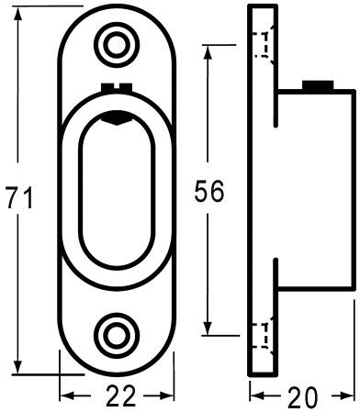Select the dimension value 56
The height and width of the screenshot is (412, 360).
(x=209, y=193)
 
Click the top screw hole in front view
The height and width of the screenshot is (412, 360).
(x=118, y=42)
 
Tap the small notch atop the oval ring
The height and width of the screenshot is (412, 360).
(x=118, y=87)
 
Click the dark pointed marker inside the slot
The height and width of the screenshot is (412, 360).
(x=118, y=117)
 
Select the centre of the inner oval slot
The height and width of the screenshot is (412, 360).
(x=118, y=189)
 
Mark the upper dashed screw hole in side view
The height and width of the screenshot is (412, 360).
(x=264, y=44)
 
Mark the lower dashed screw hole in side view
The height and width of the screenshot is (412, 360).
(x=264, y=335)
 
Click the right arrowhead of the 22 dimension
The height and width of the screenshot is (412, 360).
(x=170, y=396)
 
